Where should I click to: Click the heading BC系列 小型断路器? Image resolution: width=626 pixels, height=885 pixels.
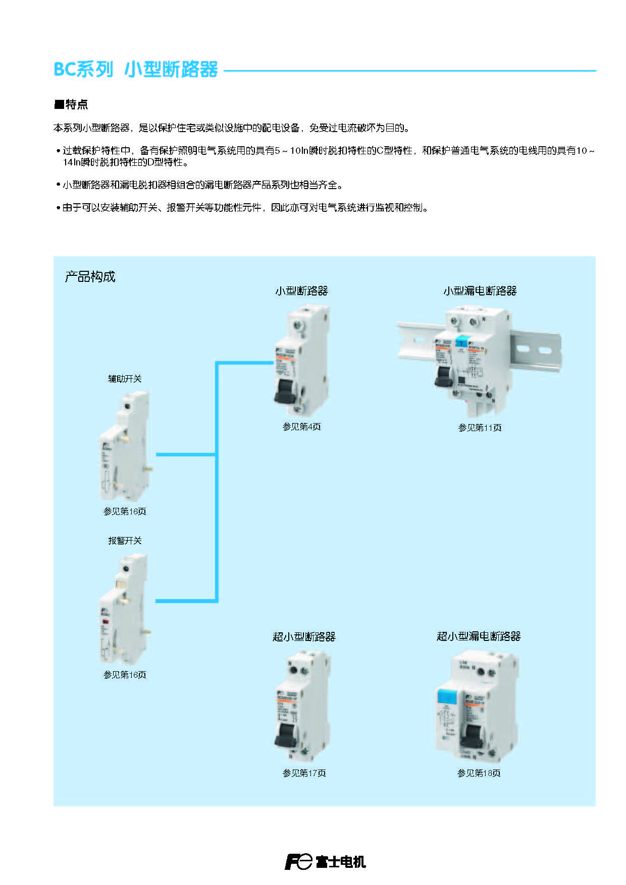pos(135,69)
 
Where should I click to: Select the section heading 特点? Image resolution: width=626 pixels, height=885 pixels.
pos(71,104)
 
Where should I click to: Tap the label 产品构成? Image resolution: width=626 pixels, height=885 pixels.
pos(90,276)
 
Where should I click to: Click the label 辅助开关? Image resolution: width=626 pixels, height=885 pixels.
pos(125,379)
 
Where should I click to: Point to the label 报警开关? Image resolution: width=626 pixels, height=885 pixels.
pos(125,541)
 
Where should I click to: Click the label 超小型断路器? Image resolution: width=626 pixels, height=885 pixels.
pos(304,636)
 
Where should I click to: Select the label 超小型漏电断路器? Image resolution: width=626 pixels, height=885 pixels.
pos(478,636)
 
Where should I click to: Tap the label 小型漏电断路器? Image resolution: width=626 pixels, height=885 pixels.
pos(480,290)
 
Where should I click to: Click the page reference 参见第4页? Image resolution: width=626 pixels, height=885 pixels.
pos(301,427)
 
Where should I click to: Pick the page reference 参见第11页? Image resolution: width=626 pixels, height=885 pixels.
pos(480,428)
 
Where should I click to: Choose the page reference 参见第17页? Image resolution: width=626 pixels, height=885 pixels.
pos(304,773)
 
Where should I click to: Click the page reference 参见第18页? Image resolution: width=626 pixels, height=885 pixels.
pos(479,773)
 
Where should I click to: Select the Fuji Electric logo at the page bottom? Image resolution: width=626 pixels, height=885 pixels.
pos(325,862)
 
